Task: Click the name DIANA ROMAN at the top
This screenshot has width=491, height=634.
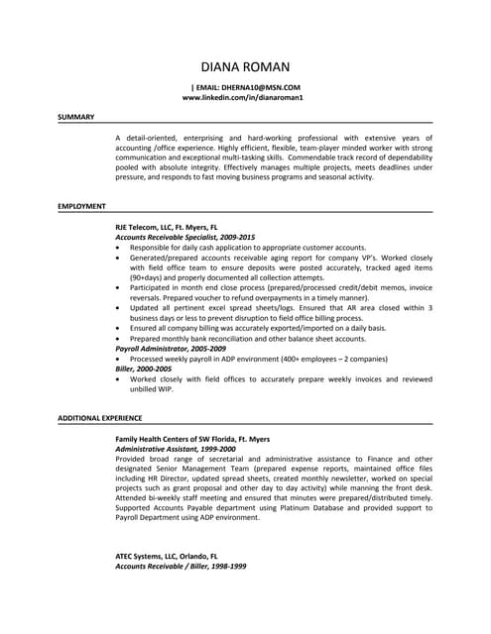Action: pos(245,66)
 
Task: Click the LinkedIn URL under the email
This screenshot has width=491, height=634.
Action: pos(243,99)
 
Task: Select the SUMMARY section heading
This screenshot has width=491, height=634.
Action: pos(75,117)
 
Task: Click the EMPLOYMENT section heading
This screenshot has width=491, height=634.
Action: pos(82,205)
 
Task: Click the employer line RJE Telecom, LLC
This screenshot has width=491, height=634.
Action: pos(167,227)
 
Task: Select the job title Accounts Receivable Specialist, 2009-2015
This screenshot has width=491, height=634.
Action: pos(185,237)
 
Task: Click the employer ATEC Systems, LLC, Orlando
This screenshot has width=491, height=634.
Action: pos(167,556)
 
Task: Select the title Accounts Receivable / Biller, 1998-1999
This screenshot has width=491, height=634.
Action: pos(181,566)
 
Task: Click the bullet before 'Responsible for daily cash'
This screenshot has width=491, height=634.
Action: pos(120,248)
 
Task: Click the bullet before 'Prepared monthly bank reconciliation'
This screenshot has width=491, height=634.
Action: pos(120,339)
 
